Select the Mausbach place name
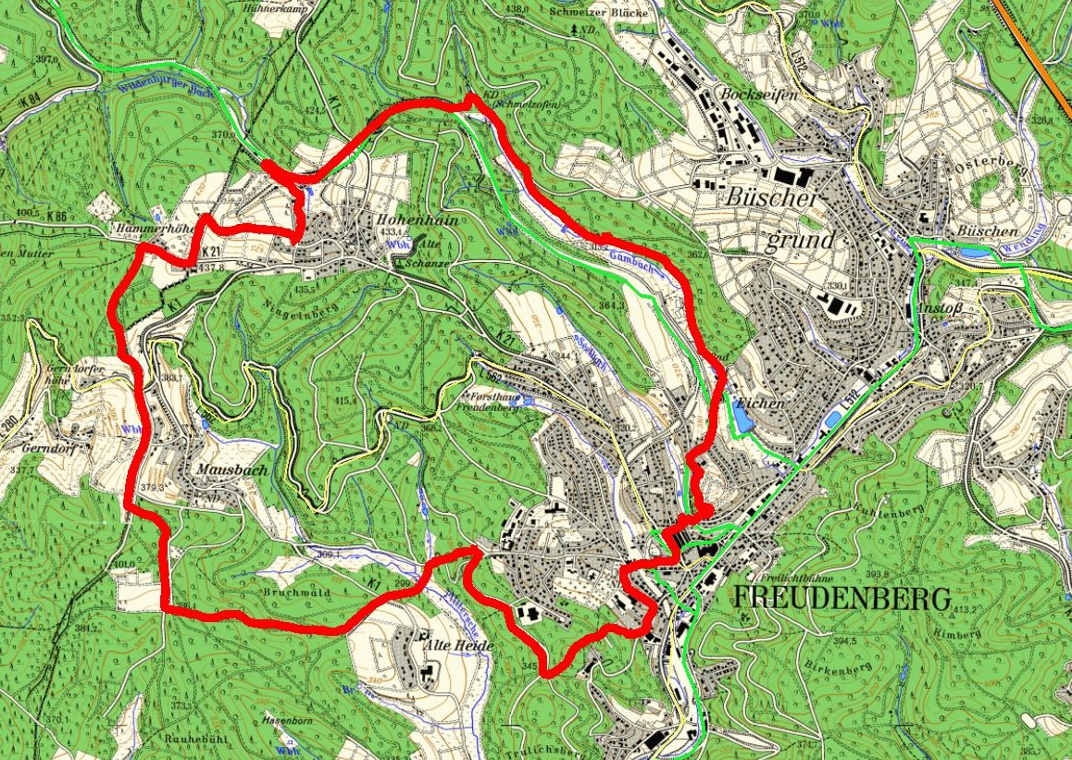click(231, 470)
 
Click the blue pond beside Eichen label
click(743, 421)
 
